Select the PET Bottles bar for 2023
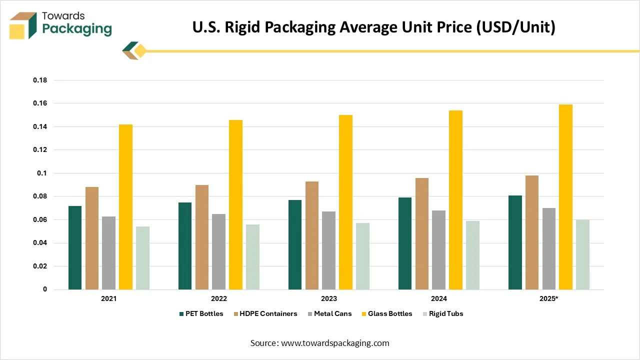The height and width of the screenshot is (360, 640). click(295, 244)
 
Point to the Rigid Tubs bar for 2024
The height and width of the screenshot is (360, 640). click(472, 255)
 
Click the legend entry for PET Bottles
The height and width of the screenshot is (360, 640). click(201, 313)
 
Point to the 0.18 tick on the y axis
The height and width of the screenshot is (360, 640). click(40, 80)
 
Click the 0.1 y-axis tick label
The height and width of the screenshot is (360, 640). click(42, 173)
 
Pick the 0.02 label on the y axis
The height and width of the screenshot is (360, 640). click(40, 266)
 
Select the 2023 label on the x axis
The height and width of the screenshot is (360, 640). click(328, 298)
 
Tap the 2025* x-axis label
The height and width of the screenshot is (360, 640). click(548, 298)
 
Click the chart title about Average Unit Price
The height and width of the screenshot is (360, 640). click(373, 27)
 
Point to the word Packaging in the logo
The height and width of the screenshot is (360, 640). click(77, 29)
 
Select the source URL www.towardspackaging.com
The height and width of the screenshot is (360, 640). click(335, 343)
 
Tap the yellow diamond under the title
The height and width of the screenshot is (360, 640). click(140, 51)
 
